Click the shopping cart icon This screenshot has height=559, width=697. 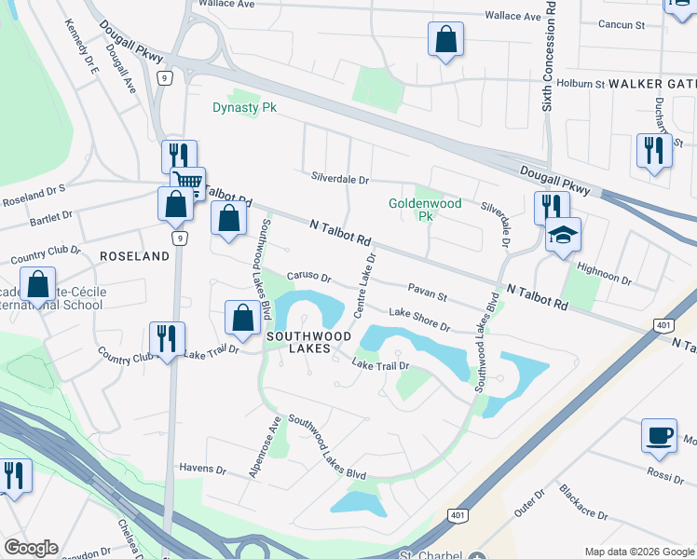coord(187,181)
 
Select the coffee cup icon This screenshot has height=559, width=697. coord(659,435)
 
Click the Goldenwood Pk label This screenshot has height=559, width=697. coord(412,209)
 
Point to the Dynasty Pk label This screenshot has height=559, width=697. coord(245,107)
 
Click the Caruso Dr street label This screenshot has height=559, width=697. coord(308,277)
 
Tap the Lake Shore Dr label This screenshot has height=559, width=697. coord(419,320)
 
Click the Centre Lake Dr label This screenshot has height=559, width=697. coord(363,279)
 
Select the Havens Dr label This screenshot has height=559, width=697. coord(202,469)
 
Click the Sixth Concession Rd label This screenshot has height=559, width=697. coord(549,56)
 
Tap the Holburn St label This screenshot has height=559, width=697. coord(581,83)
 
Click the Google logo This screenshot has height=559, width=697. coord(31,548)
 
